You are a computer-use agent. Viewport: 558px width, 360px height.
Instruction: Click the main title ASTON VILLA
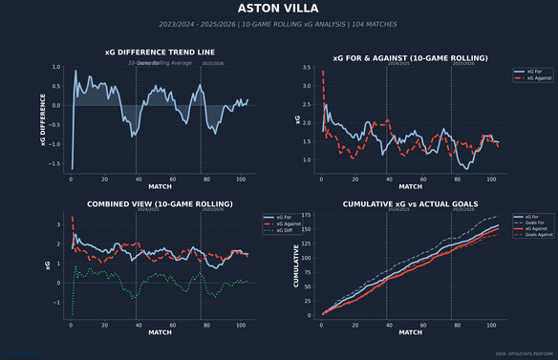pyautogui.click(x=279, y=9)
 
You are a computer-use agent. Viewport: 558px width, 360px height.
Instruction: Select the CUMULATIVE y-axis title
pyautogui.click(x=295, y=265)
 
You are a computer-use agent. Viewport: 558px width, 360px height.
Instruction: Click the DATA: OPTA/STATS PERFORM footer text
pyautogui.click(x=525, y=354)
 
